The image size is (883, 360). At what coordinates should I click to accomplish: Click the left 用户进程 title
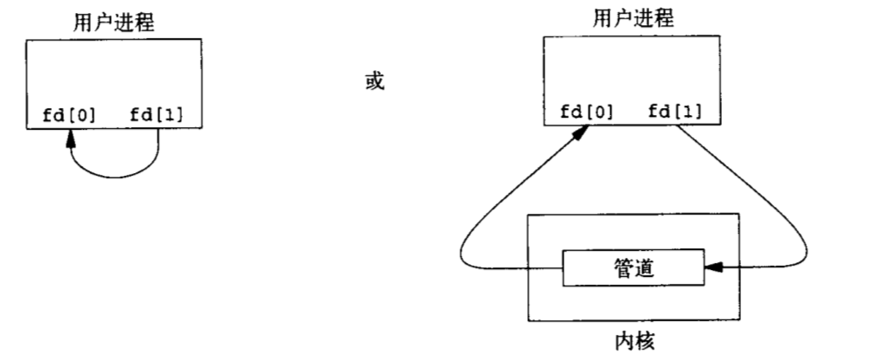(114, 22)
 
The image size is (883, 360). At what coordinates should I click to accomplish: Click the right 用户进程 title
(635, 18)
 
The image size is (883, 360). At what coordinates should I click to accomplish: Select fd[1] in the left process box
(158, 114)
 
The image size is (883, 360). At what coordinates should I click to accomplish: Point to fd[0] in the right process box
(588, 111)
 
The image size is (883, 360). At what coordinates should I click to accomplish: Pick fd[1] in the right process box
(674, 111)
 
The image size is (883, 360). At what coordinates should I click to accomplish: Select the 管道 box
(634, 268)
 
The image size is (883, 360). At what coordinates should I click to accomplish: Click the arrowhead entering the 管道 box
(713, 268)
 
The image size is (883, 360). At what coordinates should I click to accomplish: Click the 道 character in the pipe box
(645, 268)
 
